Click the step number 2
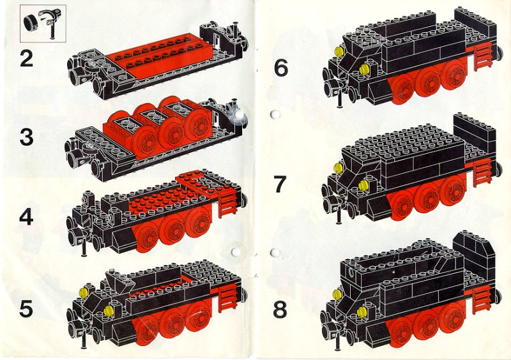26,59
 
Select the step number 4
26,217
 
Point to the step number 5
26,309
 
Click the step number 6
281,68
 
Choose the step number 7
280,184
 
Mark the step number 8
280,310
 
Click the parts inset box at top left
43,24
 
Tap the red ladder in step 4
228,204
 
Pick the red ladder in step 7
482,174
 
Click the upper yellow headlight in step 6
340,51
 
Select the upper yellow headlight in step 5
84,292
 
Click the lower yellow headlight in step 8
362,311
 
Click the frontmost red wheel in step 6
405,90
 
